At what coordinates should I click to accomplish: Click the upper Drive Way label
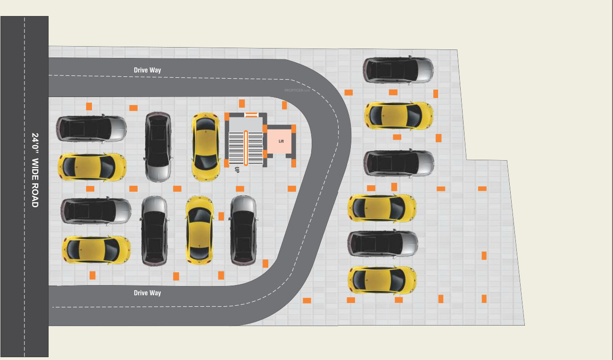pos(147,70)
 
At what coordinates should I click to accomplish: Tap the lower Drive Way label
pos(147,293)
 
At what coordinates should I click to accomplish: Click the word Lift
pos(281,141)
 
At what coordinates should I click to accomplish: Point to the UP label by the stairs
pos(237,170)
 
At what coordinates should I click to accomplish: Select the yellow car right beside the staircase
pos(206,147)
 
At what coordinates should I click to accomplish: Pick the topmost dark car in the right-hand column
pos(398,70)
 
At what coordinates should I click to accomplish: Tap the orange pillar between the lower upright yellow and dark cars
pos(221,216)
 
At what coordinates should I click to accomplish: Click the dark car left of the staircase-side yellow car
pos(158,147)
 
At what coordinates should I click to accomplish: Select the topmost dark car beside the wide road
pos(91,129)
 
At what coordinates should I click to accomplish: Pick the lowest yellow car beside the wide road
pos(96,250)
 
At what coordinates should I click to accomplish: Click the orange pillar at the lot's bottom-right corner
pos(484,299)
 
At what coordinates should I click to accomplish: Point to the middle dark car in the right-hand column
pos(399,163)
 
